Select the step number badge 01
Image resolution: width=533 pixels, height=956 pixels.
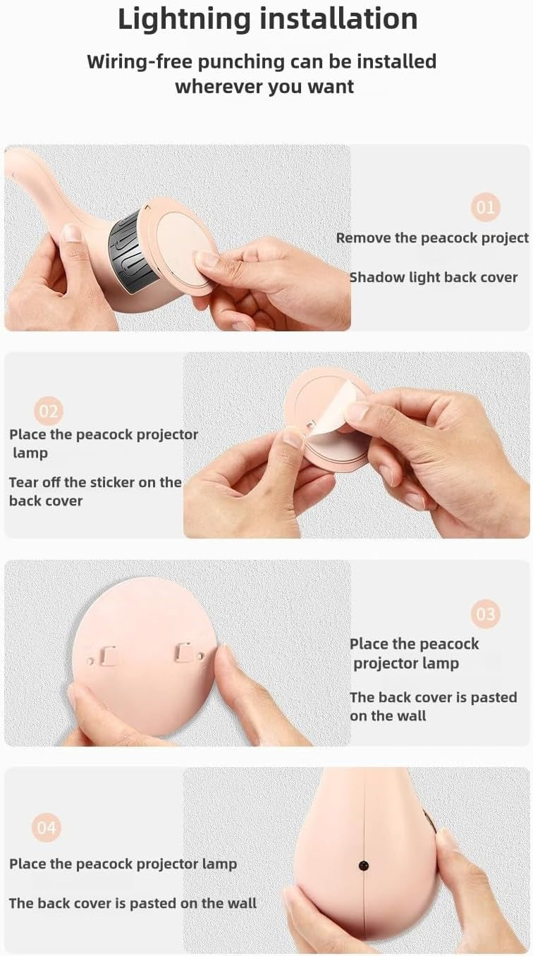[x=486, y=207]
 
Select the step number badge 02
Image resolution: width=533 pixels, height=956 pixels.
[x=48, y=411]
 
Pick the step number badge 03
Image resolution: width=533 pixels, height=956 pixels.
[x=486, y=614]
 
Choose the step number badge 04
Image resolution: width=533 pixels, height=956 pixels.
[x=46, y=828]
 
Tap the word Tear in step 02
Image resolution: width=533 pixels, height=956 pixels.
[x=23, y=482]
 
